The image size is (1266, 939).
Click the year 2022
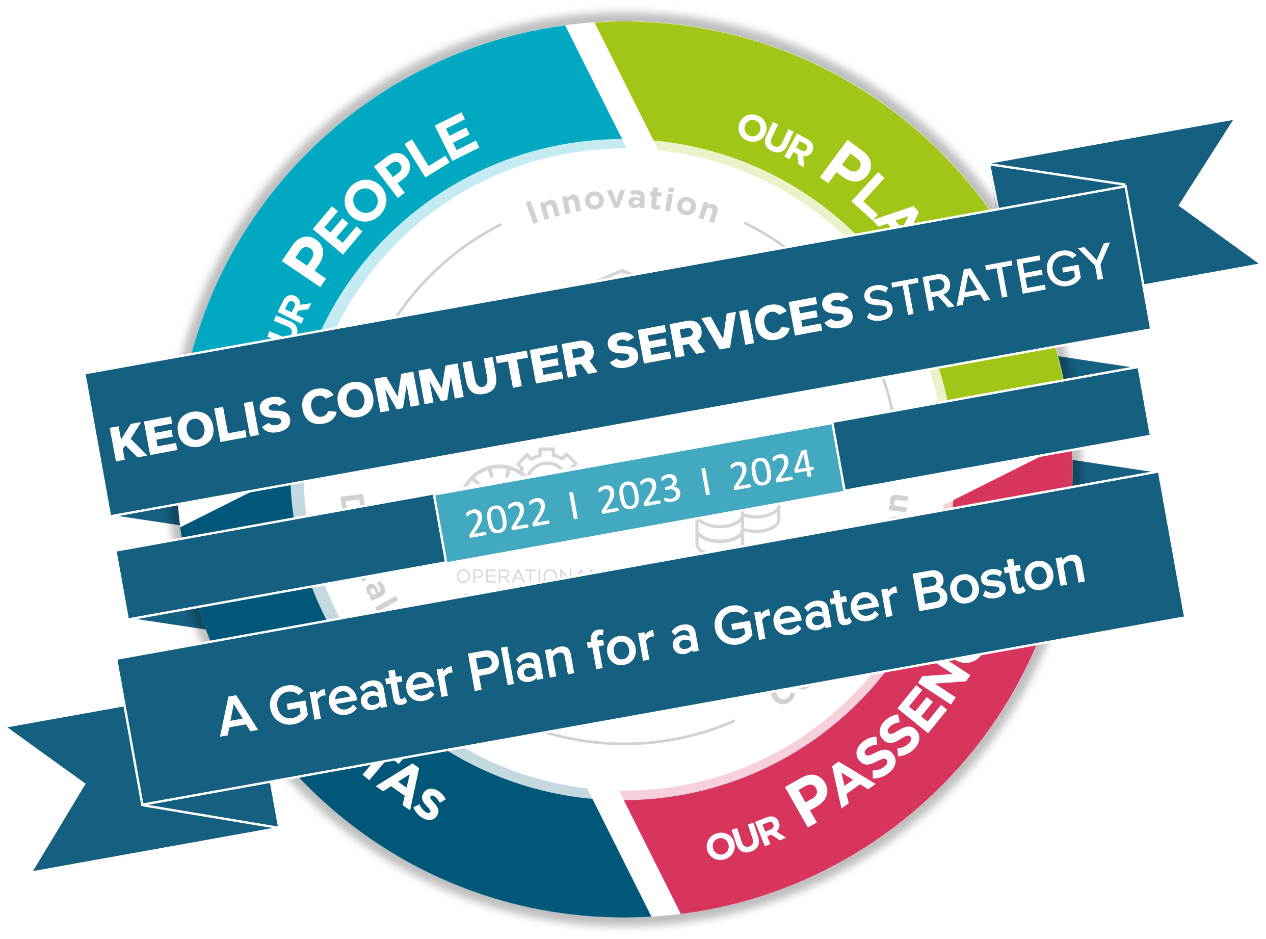click(508, 517)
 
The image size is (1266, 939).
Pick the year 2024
click(772, 469)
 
